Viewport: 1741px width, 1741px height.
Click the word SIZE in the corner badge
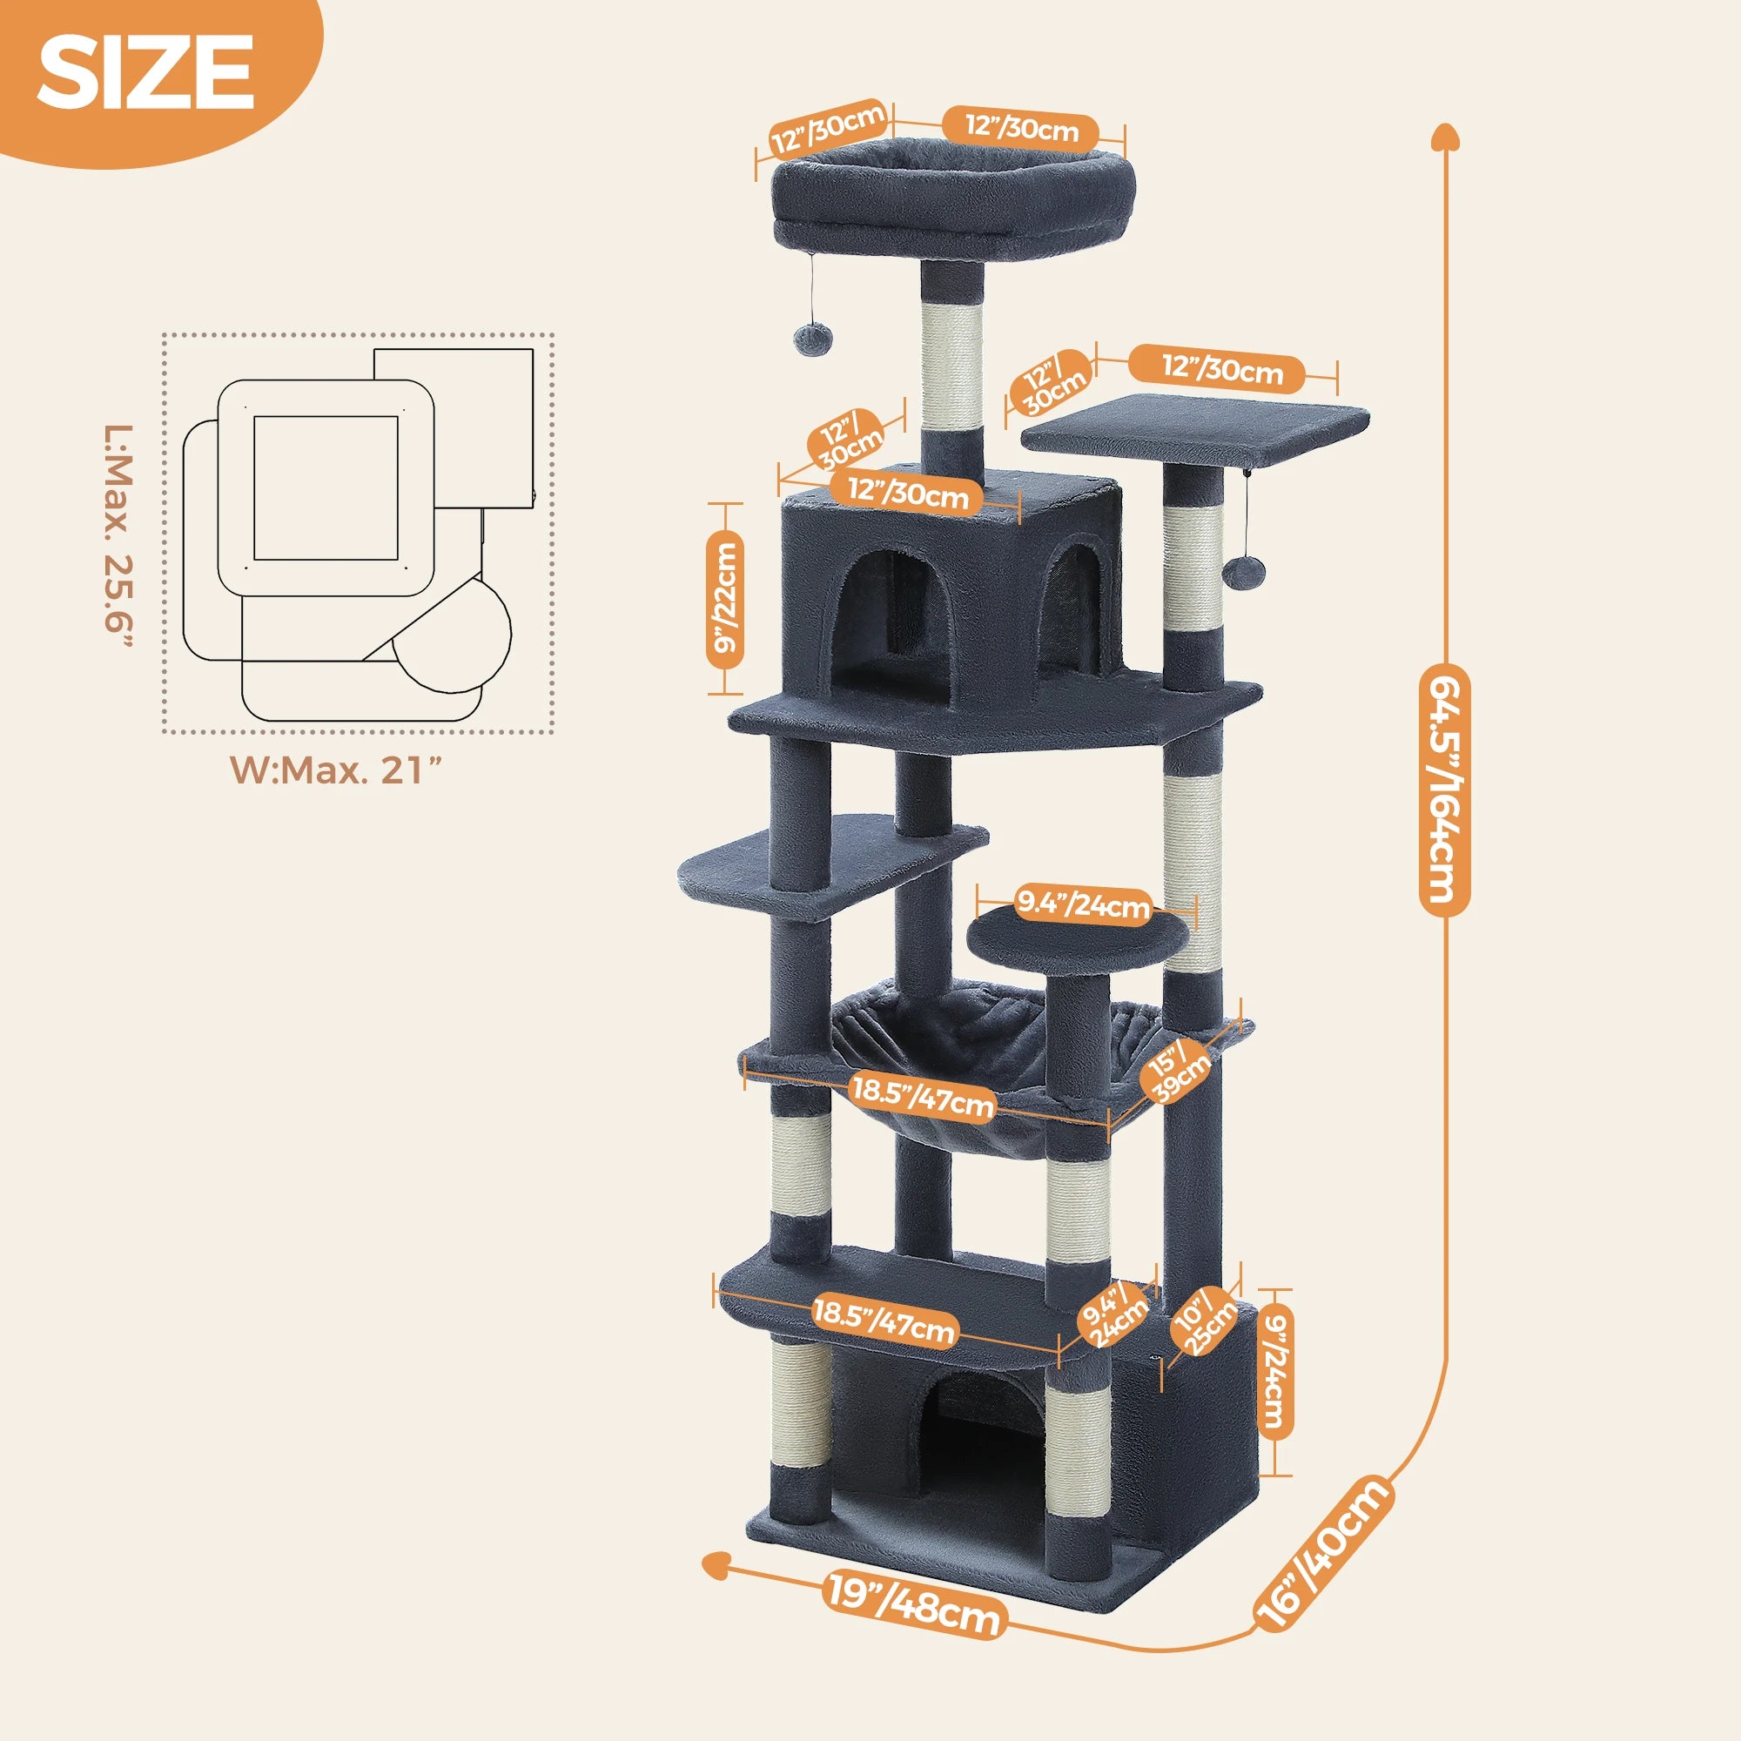pyautogui.click(x=145, y=74)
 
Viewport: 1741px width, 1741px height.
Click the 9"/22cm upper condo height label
pyautogui.click(x=725, y=600)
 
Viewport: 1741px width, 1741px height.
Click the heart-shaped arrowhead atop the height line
pyautogui.click(x=1444, y=138)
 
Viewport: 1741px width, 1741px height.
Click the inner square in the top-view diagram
pyautogui.click(x=326, y=487)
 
